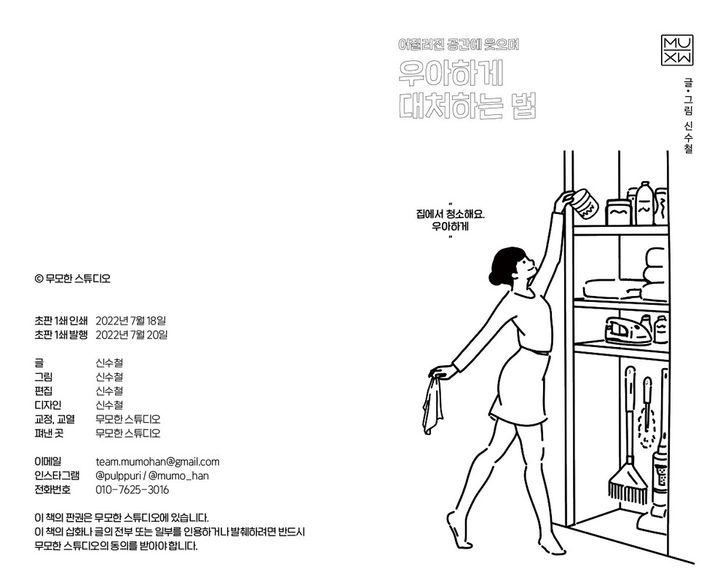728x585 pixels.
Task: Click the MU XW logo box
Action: (x=677, y=49)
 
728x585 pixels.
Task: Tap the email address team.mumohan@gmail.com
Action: (x=157, y=461)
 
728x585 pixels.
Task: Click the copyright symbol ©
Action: (x=39, y=277)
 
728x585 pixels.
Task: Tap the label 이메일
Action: (x=48, y=461)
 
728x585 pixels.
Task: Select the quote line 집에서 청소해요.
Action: (x=451, y=215)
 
